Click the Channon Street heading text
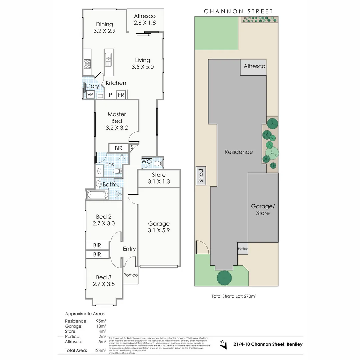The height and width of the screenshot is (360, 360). (238, 11)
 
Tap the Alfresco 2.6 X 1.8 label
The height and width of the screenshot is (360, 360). (144, 20)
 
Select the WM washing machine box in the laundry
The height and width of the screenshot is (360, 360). (90, 95)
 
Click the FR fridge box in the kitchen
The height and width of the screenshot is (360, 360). (121, 95)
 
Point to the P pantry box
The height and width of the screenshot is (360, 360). (110, 95)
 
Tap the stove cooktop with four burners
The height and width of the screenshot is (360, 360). (87, 63)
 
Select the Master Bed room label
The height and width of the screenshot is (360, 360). (117, 121)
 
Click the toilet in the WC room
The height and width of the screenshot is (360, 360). (159, 163)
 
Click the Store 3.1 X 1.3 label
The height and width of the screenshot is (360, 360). (159, 178)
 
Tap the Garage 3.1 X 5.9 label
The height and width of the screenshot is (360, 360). (159, 227)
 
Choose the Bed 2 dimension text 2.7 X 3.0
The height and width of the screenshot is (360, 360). (103, 223)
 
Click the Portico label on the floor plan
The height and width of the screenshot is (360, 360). (130, 275)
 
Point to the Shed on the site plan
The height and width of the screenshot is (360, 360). (201, 176)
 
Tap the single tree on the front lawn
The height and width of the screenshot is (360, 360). (225, 277)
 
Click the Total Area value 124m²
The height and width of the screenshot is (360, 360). (100, 350)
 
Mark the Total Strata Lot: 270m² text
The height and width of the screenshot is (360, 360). (236, 296)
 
